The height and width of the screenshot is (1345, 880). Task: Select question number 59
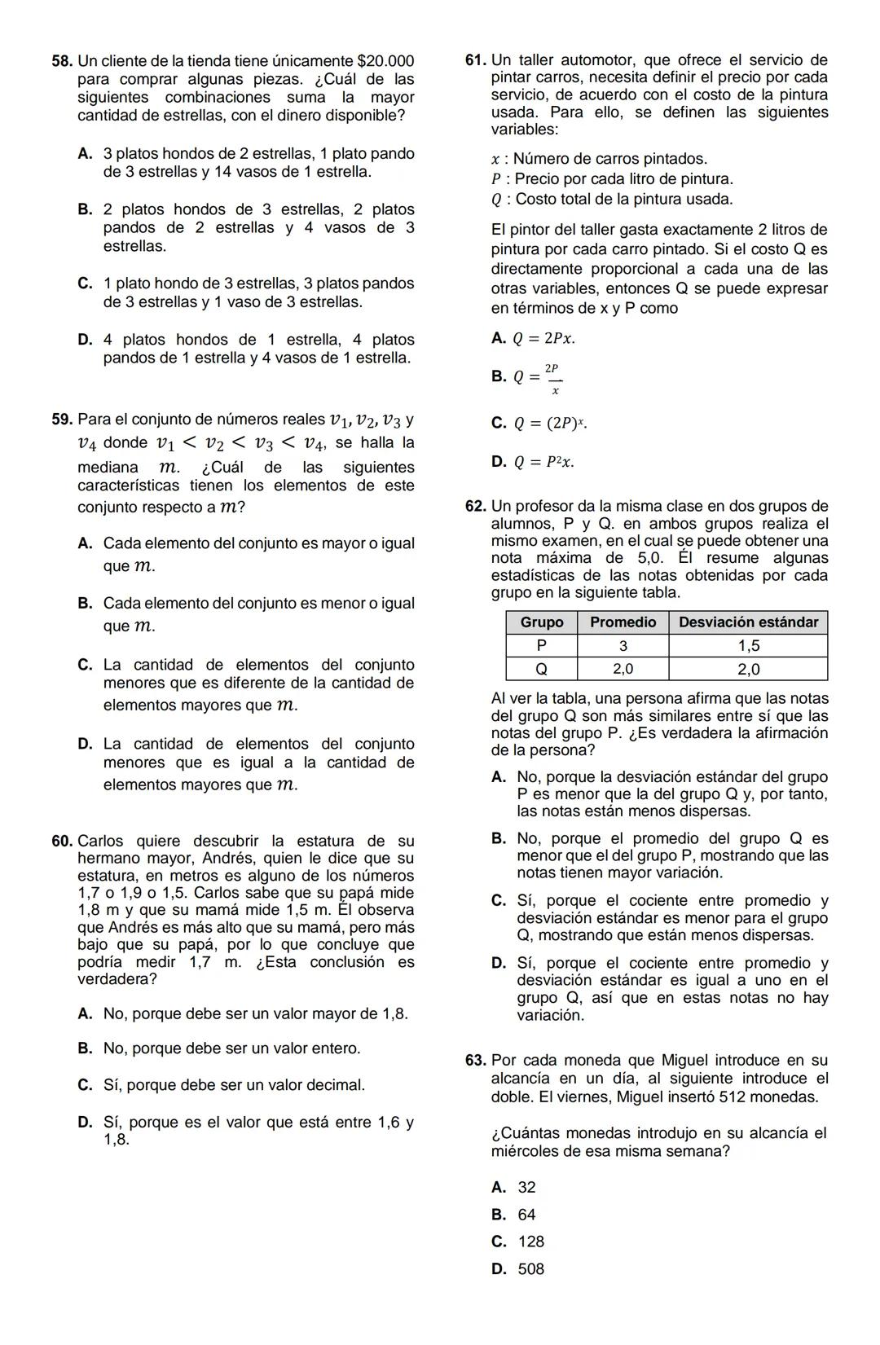coord(61,420)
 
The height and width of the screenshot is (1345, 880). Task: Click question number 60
coord(61,841)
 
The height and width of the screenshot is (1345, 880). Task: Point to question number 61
coord(476,59)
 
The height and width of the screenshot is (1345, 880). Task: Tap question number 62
coord(476,506)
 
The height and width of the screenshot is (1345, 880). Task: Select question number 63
coord(476,1060)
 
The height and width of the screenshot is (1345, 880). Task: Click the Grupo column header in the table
coord(542,622)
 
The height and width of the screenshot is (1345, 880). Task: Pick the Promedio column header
coord(623,622)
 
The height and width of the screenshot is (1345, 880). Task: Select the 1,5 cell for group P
coord(748,646)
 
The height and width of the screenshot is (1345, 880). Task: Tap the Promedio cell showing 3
coord(623,646)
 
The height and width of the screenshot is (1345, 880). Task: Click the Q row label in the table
coord(542,670)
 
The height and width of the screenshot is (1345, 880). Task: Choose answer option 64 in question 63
coord(526,1215)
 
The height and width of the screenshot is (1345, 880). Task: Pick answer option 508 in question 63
coord(530,1269)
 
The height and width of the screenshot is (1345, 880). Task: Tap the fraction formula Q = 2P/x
coord(539,378)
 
